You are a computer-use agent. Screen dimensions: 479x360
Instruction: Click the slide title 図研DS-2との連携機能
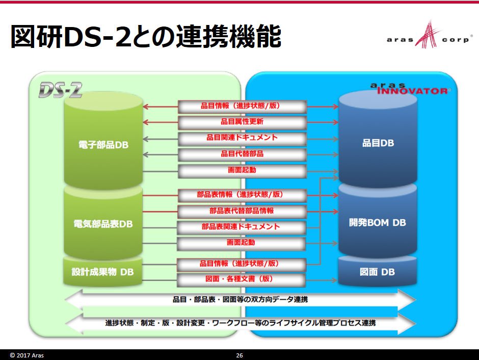146,37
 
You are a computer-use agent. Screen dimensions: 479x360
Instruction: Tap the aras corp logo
429,36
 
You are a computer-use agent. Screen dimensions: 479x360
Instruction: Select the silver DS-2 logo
61,90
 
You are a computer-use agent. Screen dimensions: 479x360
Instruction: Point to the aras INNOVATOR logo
409,89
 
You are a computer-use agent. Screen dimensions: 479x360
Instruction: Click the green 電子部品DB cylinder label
103,144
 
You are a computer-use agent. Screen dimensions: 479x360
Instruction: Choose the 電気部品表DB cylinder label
103,224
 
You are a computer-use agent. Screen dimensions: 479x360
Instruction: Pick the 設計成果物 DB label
102,272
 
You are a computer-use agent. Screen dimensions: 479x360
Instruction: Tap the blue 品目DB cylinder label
378,143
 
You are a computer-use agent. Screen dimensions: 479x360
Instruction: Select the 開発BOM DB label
377,222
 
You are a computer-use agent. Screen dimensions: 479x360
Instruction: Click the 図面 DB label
377,272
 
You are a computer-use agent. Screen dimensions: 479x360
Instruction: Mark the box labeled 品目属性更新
242,122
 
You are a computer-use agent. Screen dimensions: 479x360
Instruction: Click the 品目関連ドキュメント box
242,138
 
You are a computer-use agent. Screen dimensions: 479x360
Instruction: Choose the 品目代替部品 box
242,155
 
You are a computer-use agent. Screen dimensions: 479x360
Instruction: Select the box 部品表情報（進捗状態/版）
242,195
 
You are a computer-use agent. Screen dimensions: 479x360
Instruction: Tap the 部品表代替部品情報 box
242,212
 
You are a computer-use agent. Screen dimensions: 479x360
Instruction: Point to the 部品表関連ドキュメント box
242,227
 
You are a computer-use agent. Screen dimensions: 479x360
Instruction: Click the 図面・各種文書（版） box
242,279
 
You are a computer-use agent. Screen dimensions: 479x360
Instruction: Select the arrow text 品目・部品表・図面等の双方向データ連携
240,299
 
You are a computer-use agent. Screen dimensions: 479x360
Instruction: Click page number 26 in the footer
240,355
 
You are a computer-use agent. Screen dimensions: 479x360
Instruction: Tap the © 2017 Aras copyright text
27,355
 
